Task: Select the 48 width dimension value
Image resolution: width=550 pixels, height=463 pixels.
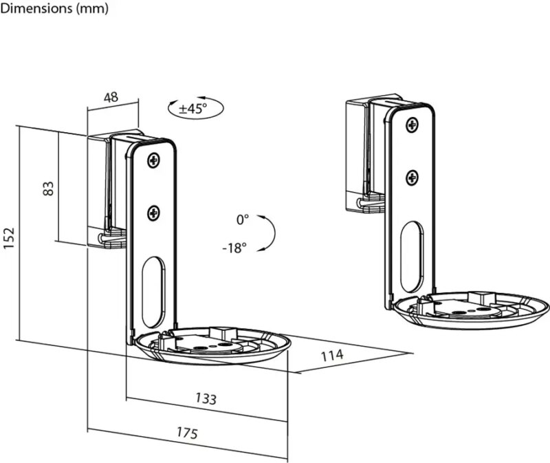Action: point(111,97)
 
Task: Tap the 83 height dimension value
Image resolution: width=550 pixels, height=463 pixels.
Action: point(48,188)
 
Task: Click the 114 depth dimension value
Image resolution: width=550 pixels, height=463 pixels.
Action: point(331,356)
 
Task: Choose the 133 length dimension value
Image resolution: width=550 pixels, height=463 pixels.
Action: point(206,398)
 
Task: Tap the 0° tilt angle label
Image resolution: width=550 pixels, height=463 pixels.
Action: point(242,219)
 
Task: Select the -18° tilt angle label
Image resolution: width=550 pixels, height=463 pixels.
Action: point(234,248)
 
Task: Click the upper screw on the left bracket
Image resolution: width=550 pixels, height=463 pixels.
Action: point(153,161)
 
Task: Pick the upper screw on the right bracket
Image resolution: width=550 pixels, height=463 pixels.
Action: point(412,125)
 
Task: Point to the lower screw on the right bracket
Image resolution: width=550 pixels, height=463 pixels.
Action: point(412,177)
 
